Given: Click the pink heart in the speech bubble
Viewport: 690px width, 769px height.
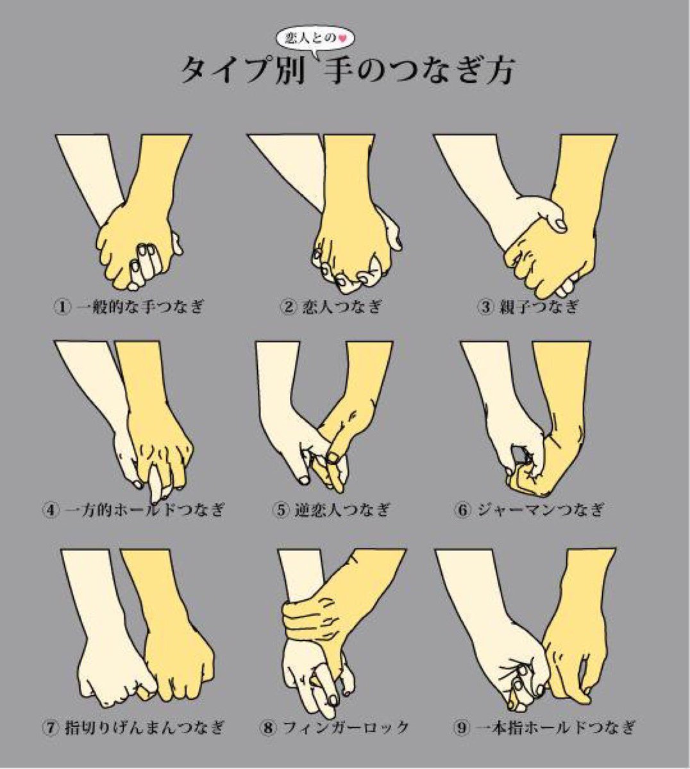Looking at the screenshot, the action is [342, 38].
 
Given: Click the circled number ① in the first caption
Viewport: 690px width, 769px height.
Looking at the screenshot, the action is [62, 307].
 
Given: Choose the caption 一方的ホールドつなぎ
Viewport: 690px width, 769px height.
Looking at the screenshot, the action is [145, 509].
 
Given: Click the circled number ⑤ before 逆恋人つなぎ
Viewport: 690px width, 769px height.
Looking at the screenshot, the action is [282, 509].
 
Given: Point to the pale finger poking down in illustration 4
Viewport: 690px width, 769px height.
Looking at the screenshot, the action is [156, 483].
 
